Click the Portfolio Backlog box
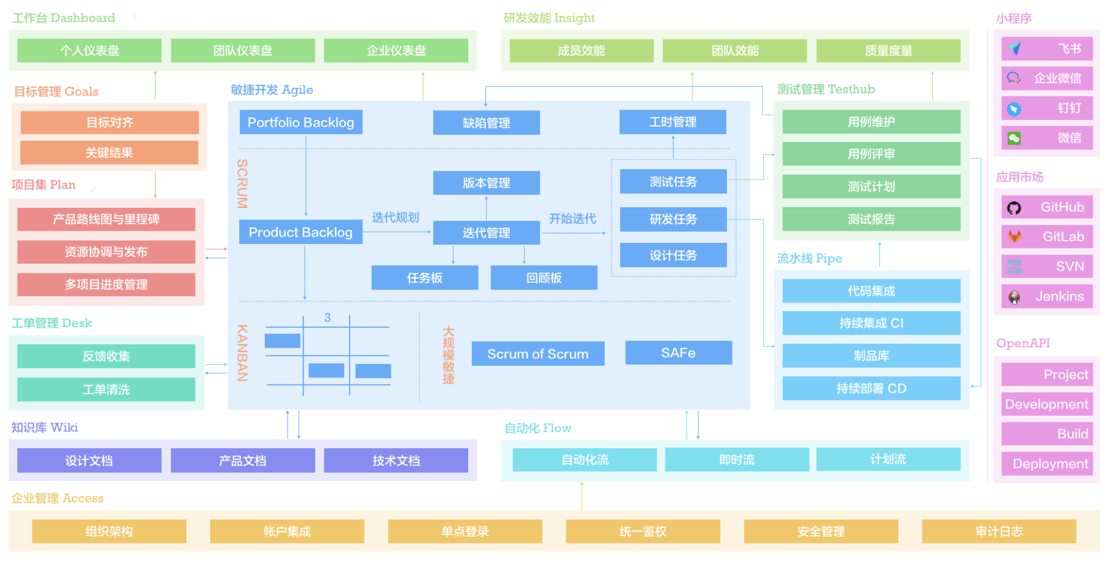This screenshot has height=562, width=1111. [300, 122]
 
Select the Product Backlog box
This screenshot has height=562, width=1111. [300, 232]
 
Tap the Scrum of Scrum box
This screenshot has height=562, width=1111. [538, 354]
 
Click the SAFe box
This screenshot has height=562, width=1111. [678, 353]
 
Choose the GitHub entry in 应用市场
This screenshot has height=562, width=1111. [1046, 207]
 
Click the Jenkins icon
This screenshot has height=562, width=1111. [1015, 297]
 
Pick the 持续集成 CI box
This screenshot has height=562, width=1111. [871, 323]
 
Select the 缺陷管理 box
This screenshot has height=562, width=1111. [486, 123]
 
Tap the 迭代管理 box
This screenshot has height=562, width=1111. [486, 233]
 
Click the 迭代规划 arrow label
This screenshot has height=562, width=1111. [395, 218]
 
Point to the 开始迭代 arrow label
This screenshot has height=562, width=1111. [572, 219]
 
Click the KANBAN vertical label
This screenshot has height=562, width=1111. [242, 353]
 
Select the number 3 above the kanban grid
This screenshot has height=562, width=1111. [328, 317]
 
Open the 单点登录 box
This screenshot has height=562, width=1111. [465, 531]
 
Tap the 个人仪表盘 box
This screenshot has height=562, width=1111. [89, 50]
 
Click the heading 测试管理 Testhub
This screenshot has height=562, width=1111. [825, 89]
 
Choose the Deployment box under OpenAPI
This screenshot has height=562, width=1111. [1046, 464]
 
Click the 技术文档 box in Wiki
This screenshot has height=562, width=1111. [396, 461]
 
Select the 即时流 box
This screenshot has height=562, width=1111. [736, 459]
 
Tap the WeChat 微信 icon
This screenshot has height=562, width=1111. [1015, 138]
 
